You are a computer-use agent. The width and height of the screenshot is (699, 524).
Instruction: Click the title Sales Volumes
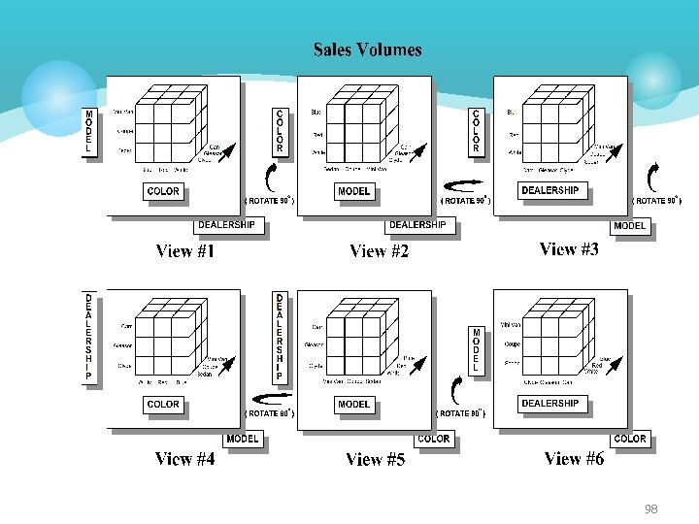[367, 49]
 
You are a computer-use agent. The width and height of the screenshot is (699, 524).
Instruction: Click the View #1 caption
[185, 251]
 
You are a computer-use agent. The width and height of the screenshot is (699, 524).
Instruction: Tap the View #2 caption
[379, 251]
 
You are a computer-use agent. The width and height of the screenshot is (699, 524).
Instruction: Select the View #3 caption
[569, 249]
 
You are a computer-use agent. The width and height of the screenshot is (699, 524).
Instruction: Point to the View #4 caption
[184, 459]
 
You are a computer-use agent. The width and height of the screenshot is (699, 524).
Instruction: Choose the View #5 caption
[375, 460]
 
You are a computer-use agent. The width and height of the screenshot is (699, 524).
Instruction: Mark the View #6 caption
[574, 458]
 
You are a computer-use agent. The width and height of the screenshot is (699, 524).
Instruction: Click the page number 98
[649, 508]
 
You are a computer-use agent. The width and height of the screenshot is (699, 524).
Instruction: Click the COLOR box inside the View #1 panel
[163, 191]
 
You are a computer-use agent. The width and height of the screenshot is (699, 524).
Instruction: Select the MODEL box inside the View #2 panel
[353, 191]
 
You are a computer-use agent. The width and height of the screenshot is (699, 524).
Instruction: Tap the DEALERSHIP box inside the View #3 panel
[549, 190]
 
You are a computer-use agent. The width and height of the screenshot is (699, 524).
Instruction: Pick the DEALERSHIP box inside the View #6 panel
[549, 403]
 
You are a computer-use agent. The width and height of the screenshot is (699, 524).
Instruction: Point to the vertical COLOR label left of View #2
[280, 131]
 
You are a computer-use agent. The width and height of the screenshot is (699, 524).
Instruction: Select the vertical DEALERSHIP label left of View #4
[89, 336]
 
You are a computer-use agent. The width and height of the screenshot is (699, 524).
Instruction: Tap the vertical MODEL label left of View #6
[476, 350]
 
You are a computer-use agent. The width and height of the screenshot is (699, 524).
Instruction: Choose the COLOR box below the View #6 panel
[630, 439]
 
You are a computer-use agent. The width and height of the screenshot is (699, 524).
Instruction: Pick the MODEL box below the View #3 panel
[629, 226]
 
